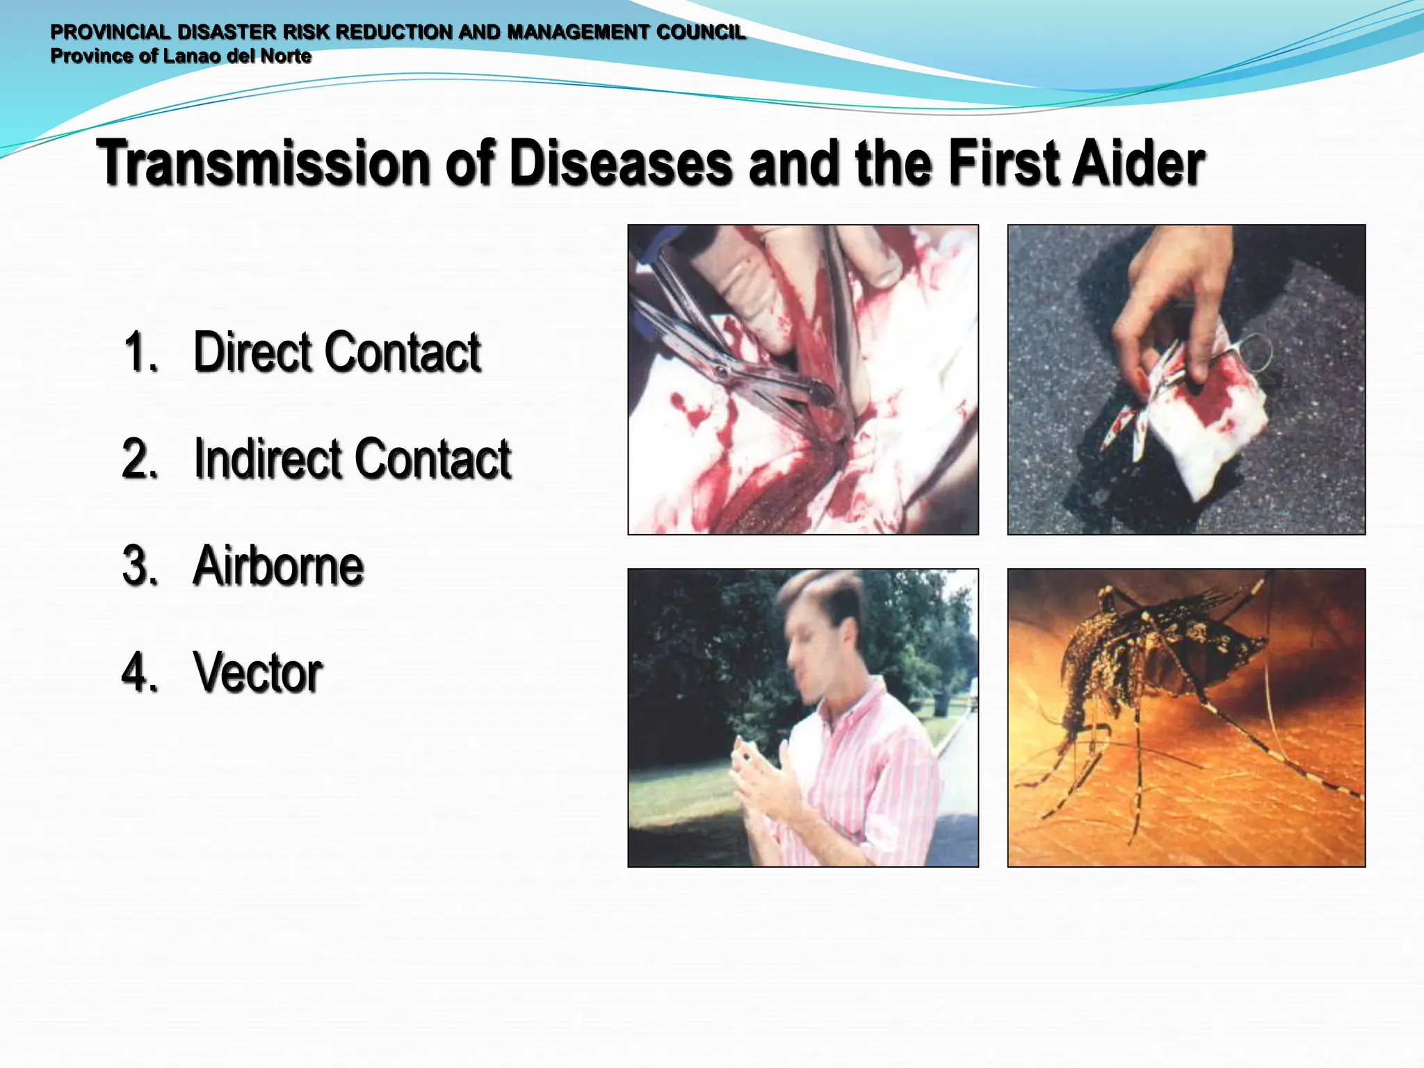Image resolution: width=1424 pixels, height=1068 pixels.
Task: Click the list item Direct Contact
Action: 337,352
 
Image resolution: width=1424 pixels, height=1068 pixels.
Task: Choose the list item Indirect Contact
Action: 353,459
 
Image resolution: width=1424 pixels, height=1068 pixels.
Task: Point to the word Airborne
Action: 278,566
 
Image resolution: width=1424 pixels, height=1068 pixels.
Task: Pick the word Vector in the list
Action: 258,672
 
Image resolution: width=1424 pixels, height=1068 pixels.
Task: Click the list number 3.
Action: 139,566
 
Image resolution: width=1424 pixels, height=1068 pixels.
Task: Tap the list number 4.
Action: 139,672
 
